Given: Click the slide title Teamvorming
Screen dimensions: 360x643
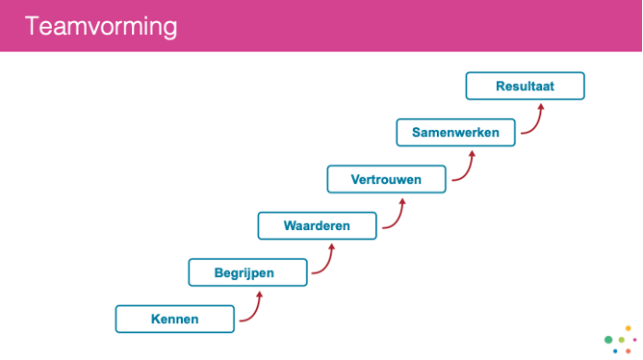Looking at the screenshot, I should point(101,26).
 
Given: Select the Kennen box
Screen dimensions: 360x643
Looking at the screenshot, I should point(174,319).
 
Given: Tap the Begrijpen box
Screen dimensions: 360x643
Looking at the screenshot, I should point(244,272).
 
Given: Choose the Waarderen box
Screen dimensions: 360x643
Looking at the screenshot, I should point(317,226).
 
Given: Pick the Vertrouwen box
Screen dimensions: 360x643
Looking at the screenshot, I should point(386,179).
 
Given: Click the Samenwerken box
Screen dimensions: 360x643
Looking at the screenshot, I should point(455,133).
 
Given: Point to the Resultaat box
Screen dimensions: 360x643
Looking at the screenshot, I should point(525,86).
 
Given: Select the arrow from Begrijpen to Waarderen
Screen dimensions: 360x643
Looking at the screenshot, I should point(324,262).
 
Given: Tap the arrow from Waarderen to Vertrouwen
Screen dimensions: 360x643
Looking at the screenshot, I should point(395,217).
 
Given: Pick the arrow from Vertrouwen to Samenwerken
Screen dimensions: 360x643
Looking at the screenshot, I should point(465,169).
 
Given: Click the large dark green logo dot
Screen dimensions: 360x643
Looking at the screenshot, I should point(608,340).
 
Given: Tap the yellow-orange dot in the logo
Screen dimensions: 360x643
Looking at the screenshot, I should point(629,328).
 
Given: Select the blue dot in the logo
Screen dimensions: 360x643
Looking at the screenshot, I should point(615,351).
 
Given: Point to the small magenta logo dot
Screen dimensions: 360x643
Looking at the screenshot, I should point(634,340).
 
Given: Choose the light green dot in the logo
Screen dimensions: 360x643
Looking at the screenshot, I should point(622,340).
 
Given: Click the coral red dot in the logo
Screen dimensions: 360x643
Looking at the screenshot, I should point(629,351).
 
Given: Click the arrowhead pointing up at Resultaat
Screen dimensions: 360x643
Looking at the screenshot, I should point(540,107).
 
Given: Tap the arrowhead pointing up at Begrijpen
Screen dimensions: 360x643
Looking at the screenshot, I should point(260,295).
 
